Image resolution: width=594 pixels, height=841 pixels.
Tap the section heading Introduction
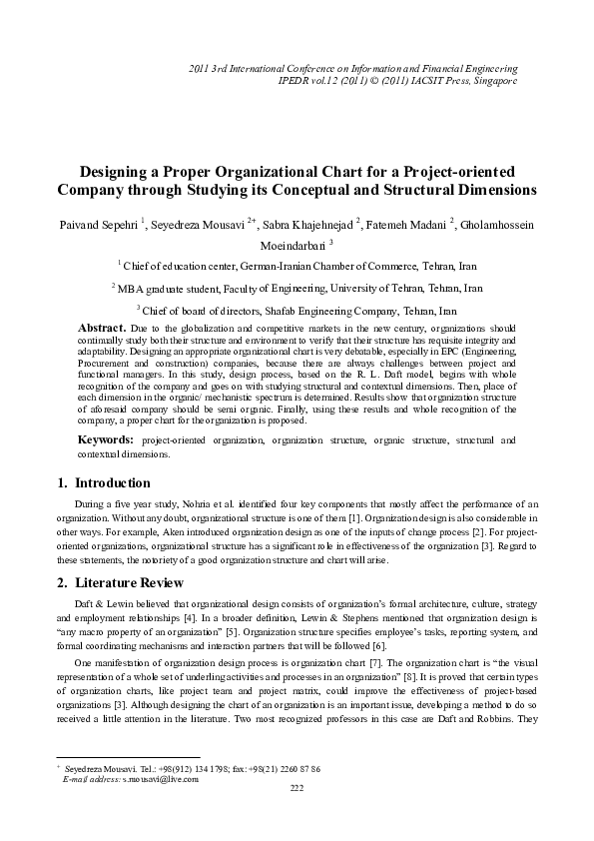coord(113,483)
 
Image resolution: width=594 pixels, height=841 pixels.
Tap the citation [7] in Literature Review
coord(350,662)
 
